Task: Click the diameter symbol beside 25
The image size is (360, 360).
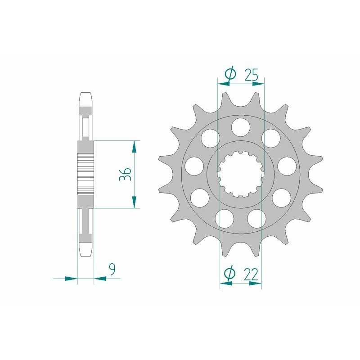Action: pos(229,75)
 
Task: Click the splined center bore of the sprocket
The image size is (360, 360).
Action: pos(240,175)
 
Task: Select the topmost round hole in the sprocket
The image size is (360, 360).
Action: pos(240,126)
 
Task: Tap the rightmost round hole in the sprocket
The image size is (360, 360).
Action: pos(286,165)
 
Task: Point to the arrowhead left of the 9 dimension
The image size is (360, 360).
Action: pos(72,279)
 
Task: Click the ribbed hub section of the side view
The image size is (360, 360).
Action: pos(86,174)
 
